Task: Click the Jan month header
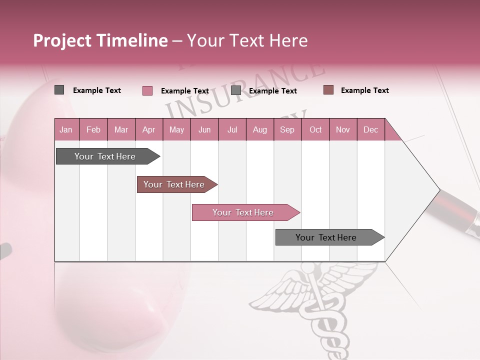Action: coord(66,129)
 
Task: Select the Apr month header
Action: coord(149,129)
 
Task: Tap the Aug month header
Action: coord(260,129)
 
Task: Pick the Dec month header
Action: coord(370,129)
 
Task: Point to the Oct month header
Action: coord(315,129)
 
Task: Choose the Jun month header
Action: coord(204,129)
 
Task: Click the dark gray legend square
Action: coord(59,90)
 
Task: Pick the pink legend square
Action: coord(147,90)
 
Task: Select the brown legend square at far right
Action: coord(328,90)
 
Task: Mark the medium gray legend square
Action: coord(235,90)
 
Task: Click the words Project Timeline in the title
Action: coord(100,40)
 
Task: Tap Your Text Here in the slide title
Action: coord(247,40)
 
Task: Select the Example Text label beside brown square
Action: coord(364,90)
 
